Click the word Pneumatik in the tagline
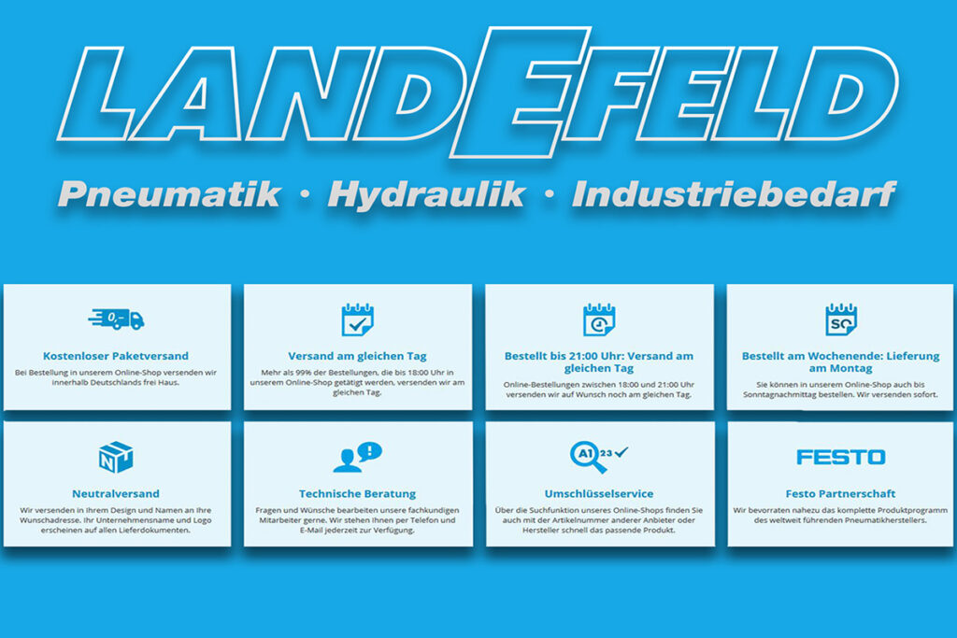coord(169,195)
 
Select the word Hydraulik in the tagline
coord(426,195)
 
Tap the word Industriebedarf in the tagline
coord(734,194)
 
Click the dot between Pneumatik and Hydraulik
coord(306,194)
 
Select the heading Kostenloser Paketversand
coord(115,356)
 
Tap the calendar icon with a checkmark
coord(357,319)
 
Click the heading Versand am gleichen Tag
coord(357,356)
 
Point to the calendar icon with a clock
coord(599,319)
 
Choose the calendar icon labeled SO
coord(840,319)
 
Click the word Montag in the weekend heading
coord(850,368)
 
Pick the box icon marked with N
coord(116,458)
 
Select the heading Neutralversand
coord(115,493)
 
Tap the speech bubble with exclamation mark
coord(370,451)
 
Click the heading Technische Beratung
coord(357,493)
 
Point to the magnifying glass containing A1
coord(587,456)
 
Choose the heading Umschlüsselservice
coord(599,493)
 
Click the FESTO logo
coord(840,457)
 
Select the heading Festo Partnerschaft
coord(840,493)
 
